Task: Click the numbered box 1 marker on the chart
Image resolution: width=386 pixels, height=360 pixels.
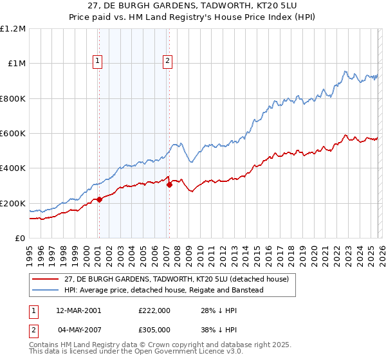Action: coord(98,62)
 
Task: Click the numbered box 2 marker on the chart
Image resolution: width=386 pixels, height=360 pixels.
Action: coord(167,62)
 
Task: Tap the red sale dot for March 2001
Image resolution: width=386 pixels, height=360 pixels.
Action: coord(100,199)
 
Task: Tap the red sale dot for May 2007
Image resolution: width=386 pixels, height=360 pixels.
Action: coord(169,185)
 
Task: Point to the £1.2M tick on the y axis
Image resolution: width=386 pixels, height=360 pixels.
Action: coord(13,29)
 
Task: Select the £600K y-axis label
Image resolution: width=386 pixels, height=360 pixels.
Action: coord(13,134)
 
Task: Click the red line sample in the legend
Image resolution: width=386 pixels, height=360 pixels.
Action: coord(46,279)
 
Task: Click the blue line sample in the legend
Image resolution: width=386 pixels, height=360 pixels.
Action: coord(46,290)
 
